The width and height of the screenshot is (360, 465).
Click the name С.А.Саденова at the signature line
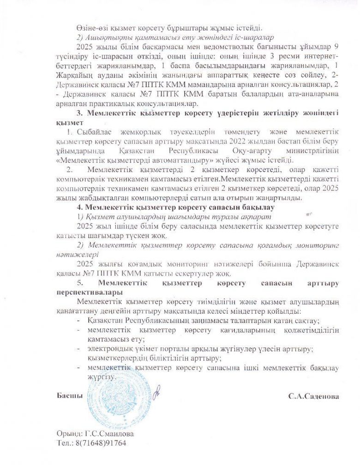[x=313, y=396]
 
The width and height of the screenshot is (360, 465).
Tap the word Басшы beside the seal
[x=70, y=396]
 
